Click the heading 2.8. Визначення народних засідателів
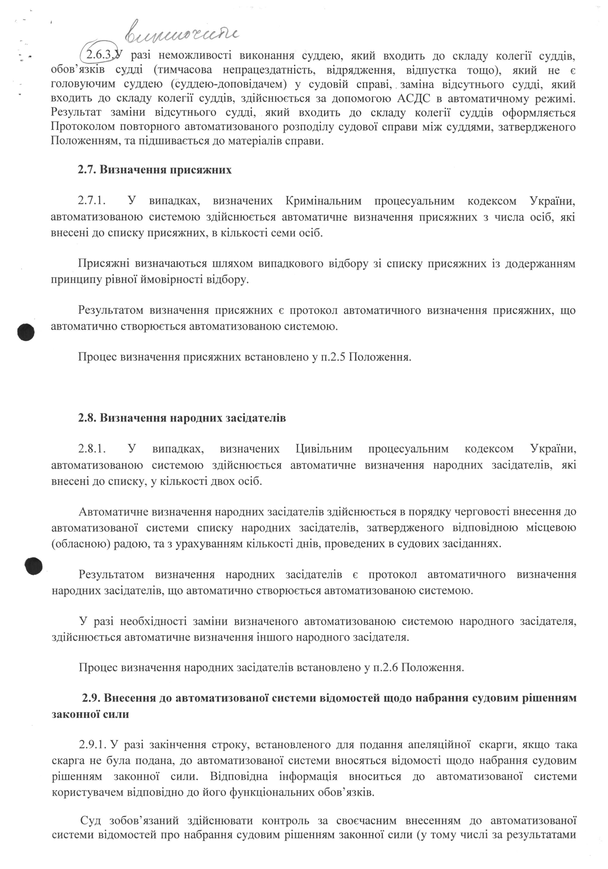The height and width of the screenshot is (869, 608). pyautogui.click(x=182, y=418)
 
